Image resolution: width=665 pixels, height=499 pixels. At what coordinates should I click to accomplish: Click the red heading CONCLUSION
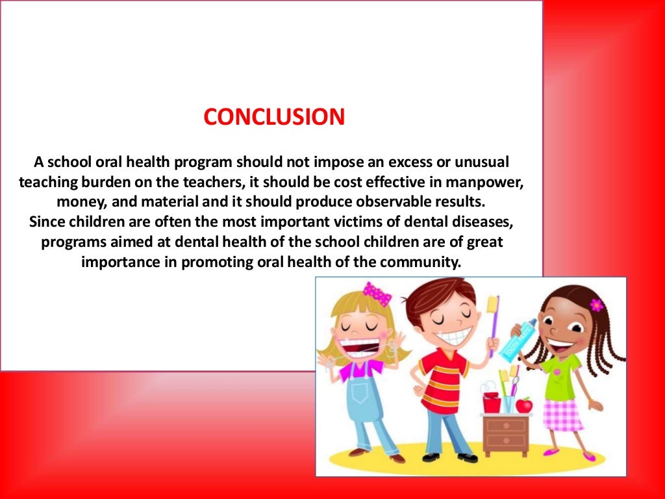pyautogui.click(x=273, y=117)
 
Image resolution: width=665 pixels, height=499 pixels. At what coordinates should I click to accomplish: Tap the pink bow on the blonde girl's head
pyautogui.click(x=377, y=293)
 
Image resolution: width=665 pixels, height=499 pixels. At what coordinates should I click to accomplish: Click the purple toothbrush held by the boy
pyautogui.click(x=494, y=325)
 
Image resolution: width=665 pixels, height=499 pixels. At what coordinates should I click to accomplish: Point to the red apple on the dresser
pyautogui.click(x=523, y=405)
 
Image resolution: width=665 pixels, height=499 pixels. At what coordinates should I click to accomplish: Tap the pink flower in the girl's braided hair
pyautogui.click(x=596, y=304)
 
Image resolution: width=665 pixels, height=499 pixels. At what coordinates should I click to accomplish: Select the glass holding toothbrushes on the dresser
pyautogui.click(x=508, y=402)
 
